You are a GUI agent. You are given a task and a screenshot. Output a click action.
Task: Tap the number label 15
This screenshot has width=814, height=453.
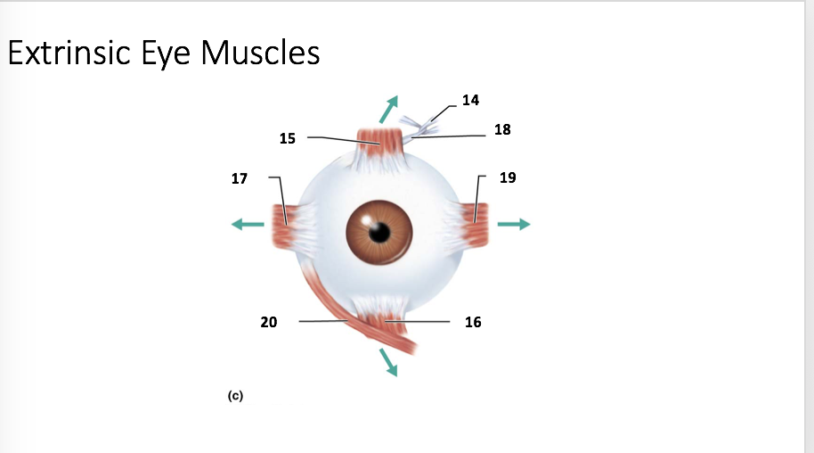pyautogui.click(x=287, y=138)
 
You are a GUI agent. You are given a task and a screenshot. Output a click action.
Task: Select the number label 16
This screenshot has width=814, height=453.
pyautogui.click(x=473, y=322)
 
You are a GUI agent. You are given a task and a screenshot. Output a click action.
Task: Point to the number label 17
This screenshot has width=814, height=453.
pyautogui.click(x=239, y=178)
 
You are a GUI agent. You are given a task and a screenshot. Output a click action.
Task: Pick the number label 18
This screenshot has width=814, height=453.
pyautogui.click(x=502, y=129)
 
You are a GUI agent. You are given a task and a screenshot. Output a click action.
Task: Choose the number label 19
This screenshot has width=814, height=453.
pyautogui.click(x=508, y=177)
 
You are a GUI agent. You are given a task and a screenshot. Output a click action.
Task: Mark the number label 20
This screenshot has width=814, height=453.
pyautogui.click(x=268, y=322)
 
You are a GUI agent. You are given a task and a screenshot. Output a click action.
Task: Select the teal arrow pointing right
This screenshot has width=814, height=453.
pyautogui.click(x=514, y=225)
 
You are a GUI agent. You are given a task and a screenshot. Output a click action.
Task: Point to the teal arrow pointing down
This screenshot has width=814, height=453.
pyautogui.click(x=387, y=361)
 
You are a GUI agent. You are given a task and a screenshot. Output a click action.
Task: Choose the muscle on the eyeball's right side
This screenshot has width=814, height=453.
pyautogui.click(x=476, y=225)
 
